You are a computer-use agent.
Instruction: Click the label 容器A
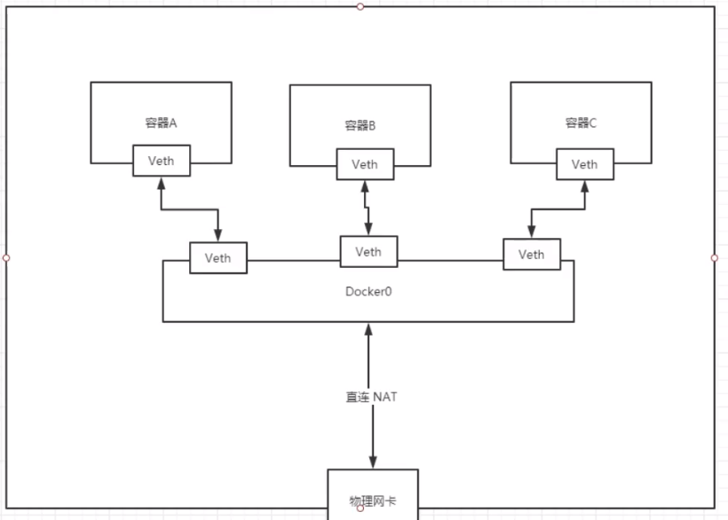(161, 123)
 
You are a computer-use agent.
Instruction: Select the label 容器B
(360, 126)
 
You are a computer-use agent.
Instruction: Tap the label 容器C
(582, 123)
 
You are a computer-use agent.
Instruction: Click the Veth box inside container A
(161, 161)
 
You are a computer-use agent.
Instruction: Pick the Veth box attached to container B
(364, 164)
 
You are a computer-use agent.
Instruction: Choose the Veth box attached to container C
(584, 164)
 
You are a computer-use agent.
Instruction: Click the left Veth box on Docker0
(218, 257)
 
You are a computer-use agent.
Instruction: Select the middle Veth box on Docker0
(368, 251)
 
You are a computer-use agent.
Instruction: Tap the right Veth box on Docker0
(531, 255)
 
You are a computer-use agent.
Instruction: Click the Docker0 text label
(368, 291)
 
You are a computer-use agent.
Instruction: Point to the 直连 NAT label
(371, 397)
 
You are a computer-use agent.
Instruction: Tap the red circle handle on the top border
(360, 6)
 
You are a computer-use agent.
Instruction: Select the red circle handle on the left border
(6, 258)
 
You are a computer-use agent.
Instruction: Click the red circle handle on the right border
(715, 258)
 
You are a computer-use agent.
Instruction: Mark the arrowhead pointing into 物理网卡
(372, 461)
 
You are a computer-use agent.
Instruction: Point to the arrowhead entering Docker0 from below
(368, 330)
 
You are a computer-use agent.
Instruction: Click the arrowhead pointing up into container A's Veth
(161, 184)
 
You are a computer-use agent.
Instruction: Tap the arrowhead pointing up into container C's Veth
(584, 186)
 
